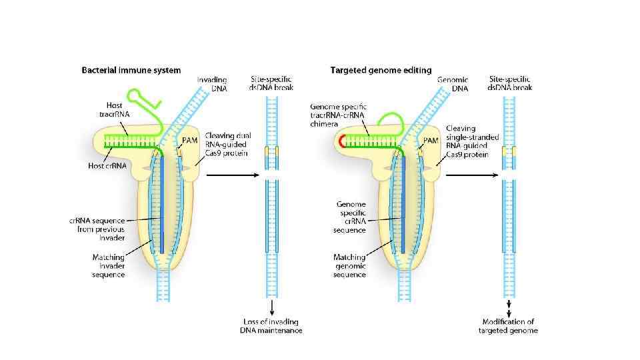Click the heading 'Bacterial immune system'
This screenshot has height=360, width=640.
[x=131, y=69]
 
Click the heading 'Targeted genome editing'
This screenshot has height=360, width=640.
[x=381, y=69]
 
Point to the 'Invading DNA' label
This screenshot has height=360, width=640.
[x=213, y=83]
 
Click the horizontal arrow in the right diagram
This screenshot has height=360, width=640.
[x=471, y=175]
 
